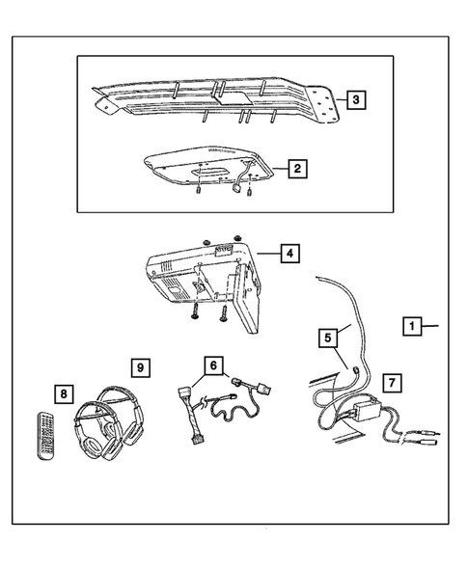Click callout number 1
tap(411, 327)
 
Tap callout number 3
tap(356, 98)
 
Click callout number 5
tap(329, 338)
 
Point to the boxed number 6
tap(212, 365)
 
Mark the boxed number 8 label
tap(66, 392)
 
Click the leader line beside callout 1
tap(431, 327)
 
